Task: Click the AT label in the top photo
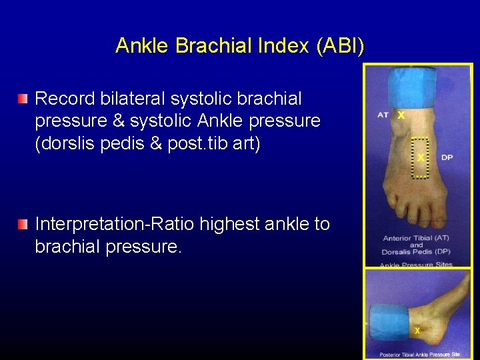[x=383, y=115]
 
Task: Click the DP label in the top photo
[x=447, y=158]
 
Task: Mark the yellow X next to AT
[x=401, y=115]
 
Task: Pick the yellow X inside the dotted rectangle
[x=421, y=158]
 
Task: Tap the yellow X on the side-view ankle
[x=417, y=331]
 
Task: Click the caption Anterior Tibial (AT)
[x=416, y=238]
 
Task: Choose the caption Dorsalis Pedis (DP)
[x=417, y=251]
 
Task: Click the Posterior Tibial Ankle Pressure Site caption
[x=419, y=354]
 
